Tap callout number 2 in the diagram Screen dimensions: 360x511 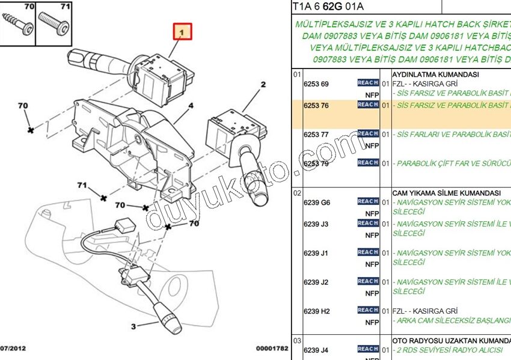[x=263, y=85]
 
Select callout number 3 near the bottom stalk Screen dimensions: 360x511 [x=134, y=327]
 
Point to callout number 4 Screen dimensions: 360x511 [x=191, y=106]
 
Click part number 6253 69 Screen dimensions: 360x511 [x=316, y=84]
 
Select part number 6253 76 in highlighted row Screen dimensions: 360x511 [x=316, y=106]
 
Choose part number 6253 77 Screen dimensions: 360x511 [x=316, y=135]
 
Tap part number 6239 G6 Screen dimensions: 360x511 [x=317, y=203]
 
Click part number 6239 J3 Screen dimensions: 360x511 [x=316, y=224]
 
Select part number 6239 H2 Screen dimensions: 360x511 [x=316, y=311]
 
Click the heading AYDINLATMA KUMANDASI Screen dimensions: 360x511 [x=435, y=75]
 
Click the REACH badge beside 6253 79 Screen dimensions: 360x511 [x=368, y=162]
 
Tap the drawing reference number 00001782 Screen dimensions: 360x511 [x=272, y=348]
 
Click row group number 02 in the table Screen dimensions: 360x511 [x=297, y=193]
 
